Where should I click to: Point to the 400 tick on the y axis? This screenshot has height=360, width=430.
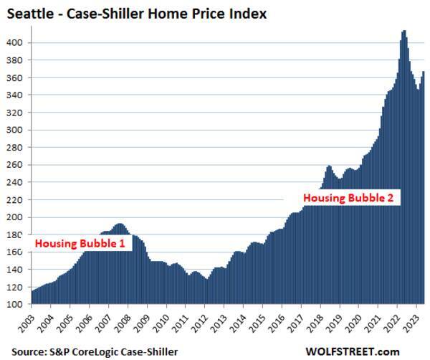[x=19, y=43]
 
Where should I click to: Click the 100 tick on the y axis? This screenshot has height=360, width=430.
[x=19, y=304]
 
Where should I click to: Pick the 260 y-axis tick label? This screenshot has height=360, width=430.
[x=19, y=165]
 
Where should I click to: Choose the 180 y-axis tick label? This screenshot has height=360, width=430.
[x=19, y=235]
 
